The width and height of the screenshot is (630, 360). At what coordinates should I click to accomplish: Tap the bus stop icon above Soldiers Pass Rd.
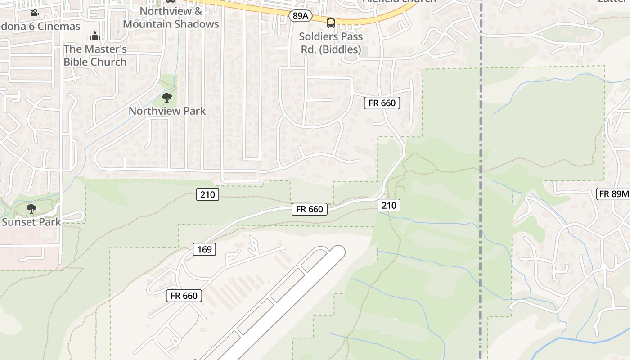(x=331, y=23)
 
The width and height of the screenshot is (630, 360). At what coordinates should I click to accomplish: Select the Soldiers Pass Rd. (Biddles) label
(x=331, y=43)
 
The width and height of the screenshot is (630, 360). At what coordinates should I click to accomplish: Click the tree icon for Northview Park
(x=166, y=97)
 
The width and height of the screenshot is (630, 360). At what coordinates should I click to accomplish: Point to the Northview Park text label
(x=167, y=111)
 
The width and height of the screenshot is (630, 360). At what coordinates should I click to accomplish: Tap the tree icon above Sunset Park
(x=31, y=209)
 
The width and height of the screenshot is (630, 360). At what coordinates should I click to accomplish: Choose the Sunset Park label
(x=31, y=222)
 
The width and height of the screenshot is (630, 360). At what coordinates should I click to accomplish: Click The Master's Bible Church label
(x=95, y=55)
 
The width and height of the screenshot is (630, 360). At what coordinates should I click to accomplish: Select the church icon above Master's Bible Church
(x=95, y=36)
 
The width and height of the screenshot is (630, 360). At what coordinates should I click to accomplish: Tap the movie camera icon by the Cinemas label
(x=34, y=13)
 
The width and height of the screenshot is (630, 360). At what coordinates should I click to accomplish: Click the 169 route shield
(x=205, y=249)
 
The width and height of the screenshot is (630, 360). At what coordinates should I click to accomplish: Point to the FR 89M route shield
(x=613, y=194)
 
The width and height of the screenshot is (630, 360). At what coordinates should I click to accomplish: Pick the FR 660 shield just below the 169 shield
(x=184, y=296)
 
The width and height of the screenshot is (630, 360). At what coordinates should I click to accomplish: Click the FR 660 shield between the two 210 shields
(x=310, y=209)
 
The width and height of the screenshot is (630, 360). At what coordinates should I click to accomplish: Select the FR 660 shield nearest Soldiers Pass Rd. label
(x=382, y=103)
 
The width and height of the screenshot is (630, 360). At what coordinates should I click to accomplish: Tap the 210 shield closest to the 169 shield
(x=207, y=194)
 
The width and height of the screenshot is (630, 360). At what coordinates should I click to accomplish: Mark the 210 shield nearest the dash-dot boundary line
(x=389, y=205)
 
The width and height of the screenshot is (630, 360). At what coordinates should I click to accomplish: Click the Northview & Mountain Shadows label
(x=171, y=17)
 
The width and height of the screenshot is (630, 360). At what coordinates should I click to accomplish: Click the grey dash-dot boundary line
(x=481, y=135)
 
